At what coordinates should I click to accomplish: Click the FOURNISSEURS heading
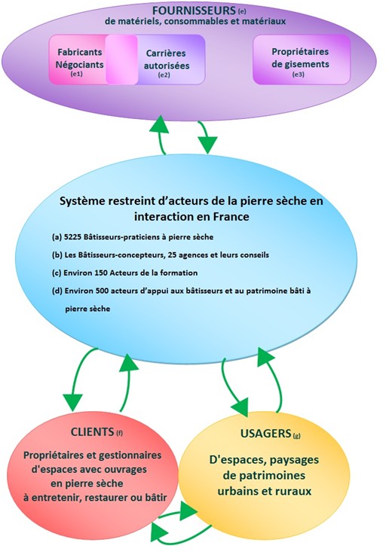click(194, 11)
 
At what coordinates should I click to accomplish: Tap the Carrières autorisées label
click(167, 59)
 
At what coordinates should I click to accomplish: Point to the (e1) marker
click(77, 74)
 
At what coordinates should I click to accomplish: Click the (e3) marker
click(299, 75)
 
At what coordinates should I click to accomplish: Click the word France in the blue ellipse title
click(231, 216)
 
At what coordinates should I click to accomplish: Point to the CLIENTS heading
click(92, 432)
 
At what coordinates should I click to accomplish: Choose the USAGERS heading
click(265, 433)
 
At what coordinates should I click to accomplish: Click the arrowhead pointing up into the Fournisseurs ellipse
click(159, 124)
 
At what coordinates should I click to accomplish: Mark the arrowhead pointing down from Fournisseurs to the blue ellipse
click(207, 145)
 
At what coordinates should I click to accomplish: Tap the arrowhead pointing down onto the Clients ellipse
click(72, 402)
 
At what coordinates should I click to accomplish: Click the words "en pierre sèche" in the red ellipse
click(87, 483)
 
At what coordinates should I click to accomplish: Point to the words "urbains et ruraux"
click(265, 491)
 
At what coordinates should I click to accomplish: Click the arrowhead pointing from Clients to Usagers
click(188, 511)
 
